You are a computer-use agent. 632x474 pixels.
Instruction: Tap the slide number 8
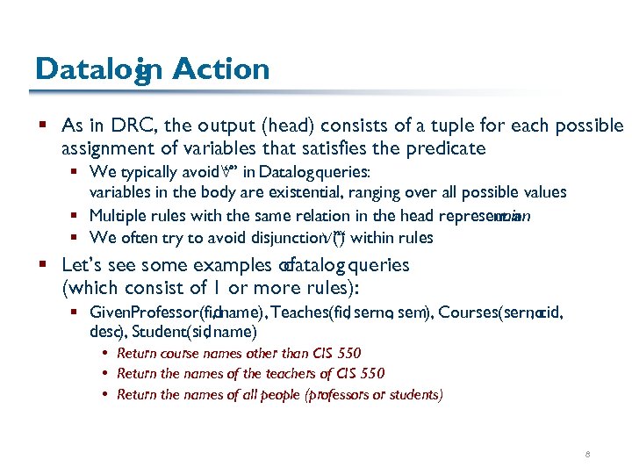tap(587, 455)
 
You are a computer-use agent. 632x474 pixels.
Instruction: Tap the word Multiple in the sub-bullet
tap(119, 215)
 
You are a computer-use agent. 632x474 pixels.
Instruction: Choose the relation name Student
tap(161, 332)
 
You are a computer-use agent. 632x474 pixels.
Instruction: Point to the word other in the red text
tap(256, 354)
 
